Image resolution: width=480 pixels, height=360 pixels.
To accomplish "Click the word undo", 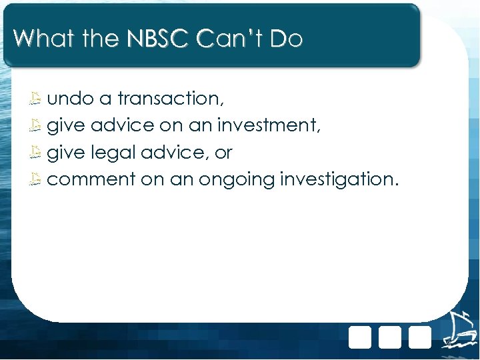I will [x=70, y=99].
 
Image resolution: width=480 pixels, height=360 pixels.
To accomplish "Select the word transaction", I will [x=171, y=99].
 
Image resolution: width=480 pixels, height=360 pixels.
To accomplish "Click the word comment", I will [x=91, y=179].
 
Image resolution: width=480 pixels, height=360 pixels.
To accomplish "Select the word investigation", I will [x=339, y=180].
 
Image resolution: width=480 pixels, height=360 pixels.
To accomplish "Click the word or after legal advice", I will [x=223, y=153].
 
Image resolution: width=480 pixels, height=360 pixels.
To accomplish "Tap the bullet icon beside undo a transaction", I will [x=37, y=99].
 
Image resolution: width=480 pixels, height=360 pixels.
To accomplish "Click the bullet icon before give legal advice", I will [x=37, y=153].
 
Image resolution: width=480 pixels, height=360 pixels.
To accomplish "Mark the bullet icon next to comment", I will [x=37, y=179].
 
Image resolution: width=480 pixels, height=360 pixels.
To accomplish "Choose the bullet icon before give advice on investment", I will [x=37, y=126].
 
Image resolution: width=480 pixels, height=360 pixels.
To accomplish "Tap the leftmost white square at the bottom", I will [x=360, y=337].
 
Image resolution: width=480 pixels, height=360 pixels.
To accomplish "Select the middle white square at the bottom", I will [x=390, y=337].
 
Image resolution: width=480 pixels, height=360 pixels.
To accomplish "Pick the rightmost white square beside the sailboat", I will [x=420, y=337].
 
